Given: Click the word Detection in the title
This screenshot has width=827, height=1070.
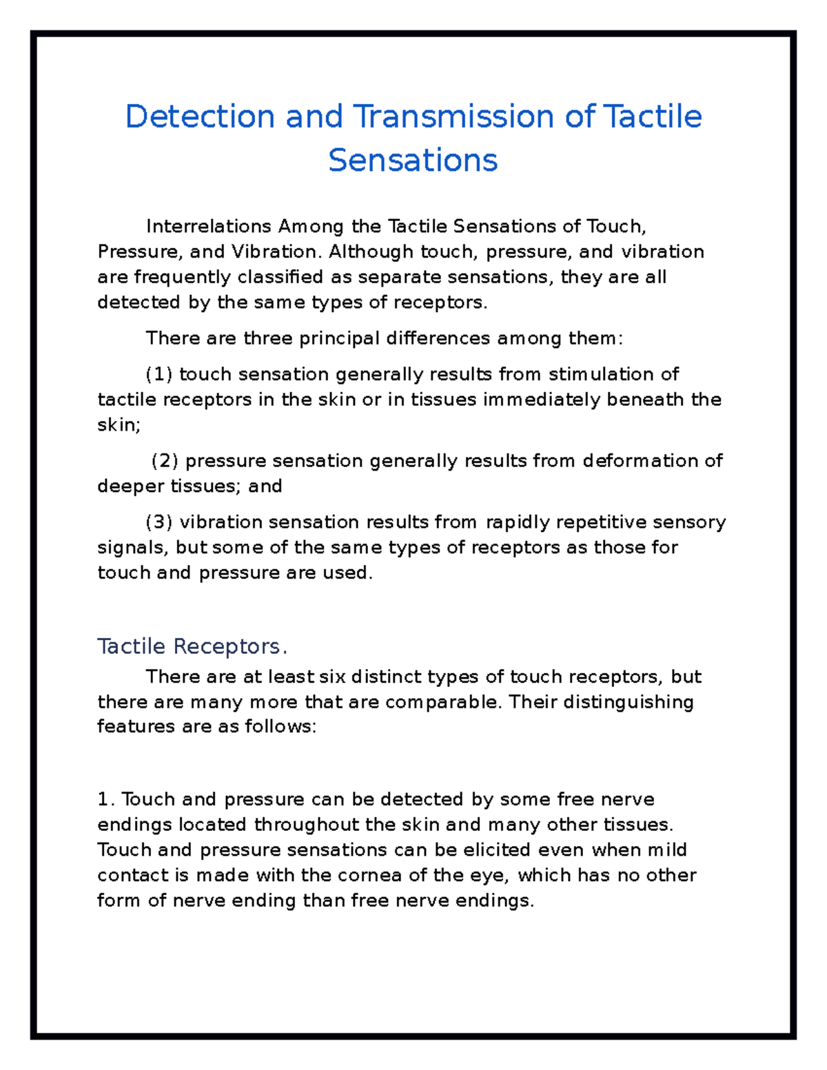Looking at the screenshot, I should pos(200,116).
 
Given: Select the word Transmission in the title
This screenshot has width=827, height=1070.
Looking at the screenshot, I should pos(453,116).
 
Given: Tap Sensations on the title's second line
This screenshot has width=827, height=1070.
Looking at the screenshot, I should pos(413,160).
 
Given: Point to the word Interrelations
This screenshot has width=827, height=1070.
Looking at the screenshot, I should pos(208,227).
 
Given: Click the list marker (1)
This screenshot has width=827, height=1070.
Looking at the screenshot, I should pos(159,374).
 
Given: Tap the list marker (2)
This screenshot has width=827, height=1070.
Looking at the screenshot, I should pos(165,460).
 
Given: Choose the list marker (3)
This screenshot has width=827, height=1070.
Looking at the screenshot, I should pos(159,522).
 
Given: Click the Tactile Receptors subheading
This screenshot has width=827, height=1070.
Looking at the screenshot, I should pos(192,646).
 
